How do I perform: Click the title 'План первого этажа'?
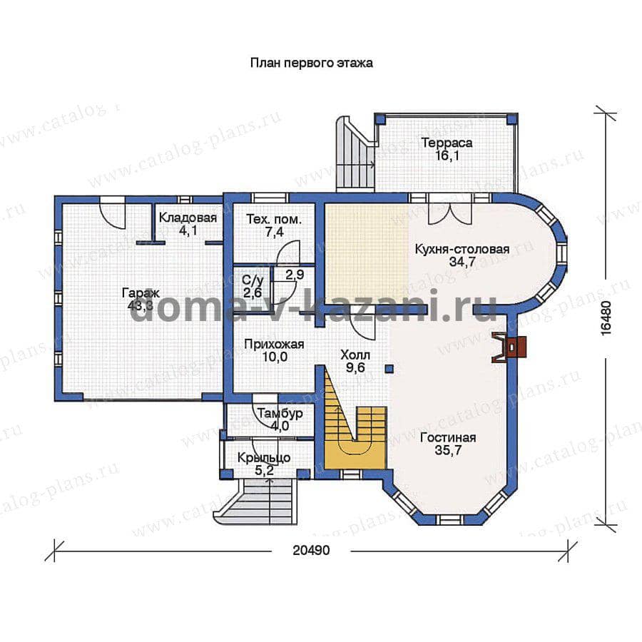point(311,63)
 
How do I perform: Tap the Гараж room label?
point(141,293)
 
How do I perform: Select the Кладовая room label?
point(188,218)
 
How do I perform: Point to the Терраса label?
point(447,143)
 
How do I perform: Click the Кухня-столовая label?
point(462,249)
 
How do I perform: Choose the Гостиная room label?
point(448,438)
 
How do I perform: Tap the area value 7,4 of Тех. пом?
point(274,232)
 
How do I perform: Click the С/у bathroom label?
point(253,280)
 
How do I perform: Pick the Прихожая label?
point(274,345)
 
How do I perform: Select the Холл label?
point(355,355)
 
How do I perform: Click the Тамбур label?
point(280,413)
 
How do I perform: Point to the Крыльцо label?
point(264,458)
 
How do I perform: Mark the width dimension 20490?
point(311,550)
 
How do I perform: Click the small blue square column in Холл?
point(389,369)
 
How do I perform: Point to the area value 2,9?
point(295,275)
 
